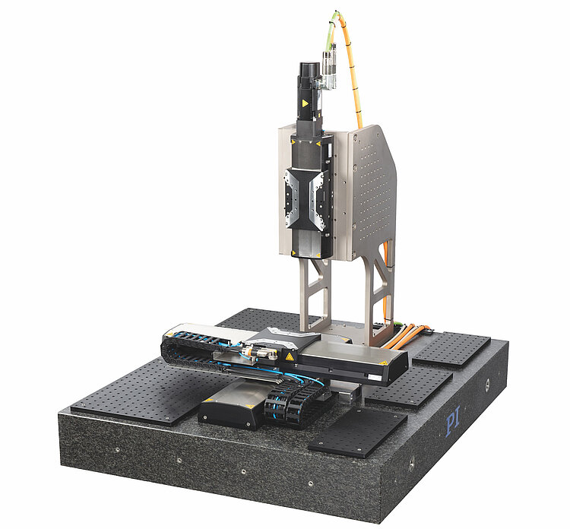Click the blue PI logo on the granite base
point(453,420)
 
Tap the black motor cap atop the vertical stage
point(310,69)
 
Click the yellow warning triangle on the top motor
point(306,103)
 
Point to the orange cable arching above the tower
point(351,65)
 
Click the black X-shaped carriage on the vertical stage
point(305,199)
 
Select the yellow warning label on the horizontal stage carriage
point(290,356)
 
